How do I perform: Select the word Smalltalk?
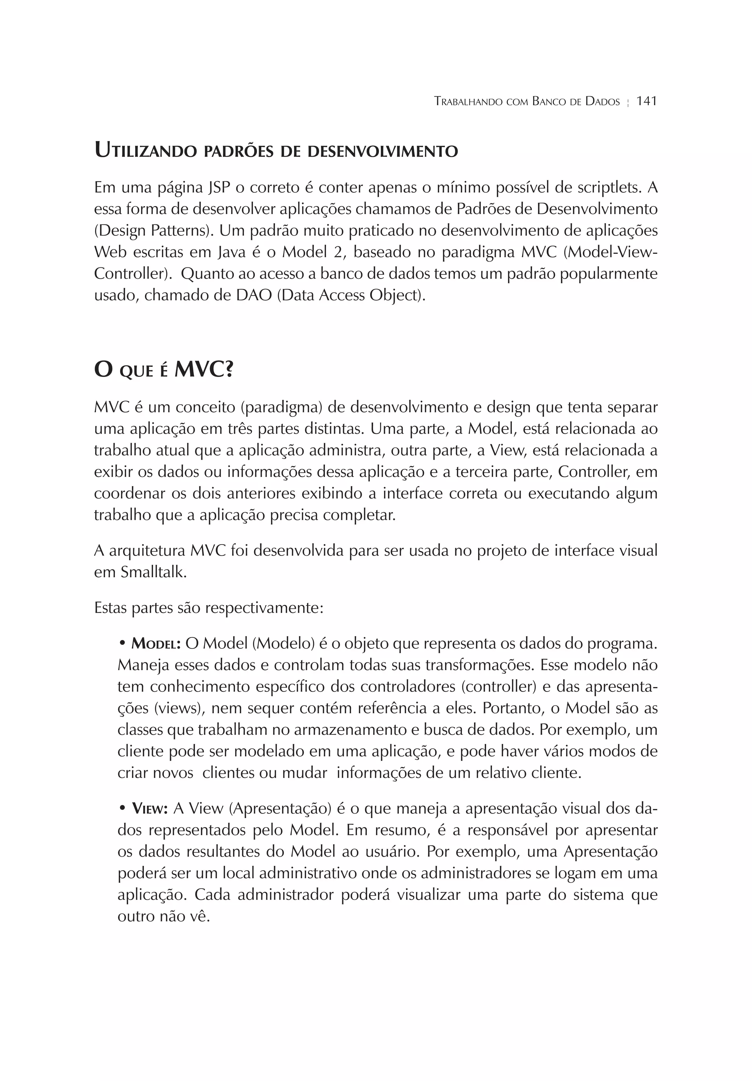tap(153, 572)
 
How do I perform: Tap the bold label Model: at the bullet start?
tap(156, 643)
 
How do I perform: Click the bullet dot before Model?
tap(122, 643)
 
